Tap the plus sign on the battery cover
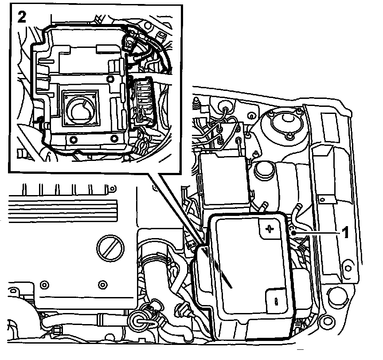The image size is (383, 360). pos(269,229)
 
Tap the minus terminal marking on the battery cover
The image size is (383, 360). pos(276,301)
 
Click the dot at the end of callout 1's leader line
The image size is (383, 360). pos(293,231)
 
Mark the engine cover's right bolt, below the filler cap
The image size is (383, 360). pos(103,284)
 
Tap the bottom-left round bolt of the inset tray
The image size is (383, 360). pos(73,140)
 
